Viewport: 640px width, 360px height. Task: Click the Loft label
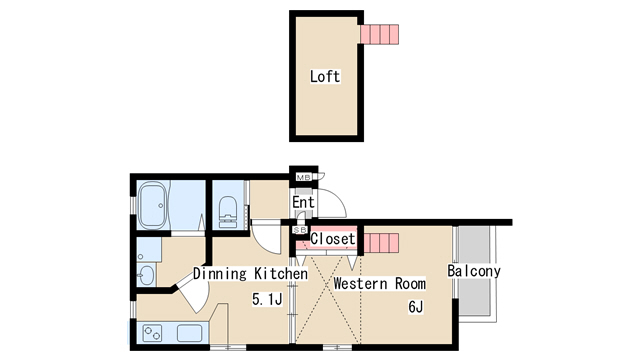(x=324, y=76)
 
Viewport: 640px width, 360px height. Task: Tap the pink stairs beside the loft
(x=379, y=34)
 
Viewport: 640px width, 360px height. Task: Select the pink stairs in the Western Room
(x=381, y=243)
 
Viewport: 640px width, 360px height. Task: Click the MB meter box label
(x=304, y=178)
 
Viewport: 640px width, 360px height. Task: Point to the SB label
(x=300, y=230)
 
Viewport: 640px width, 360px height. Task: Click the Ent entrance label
(x=303, y=202)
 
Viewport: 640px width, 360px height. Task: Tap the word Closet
(x=333, y=239)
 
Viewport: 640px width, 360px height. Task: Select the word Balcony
(x=474, y=271)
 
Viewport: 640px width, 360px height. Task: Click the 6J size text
(x=416, y=307)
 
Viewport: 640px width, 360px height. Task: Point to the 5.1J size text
(x=267, y=300)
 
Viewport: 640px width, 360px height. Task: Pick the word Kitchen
(x=281, y=273)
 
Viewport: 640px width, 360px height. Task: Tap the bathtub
(x=153, y=205)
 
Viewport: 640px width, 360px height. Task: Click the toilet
(x=227, y=211)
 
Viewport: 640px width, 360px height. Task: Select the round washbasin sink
(x=146, y=275)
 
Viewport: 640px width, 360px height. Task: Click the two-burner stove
(x=152, y=333)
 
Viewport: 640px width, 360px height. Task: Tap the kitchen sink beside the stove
(x=189, y=333)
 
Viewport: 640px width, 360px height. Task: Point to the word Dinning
(x=220, y=273)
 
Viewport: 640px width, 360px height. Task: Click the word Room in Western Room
(x=410, y=283)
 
